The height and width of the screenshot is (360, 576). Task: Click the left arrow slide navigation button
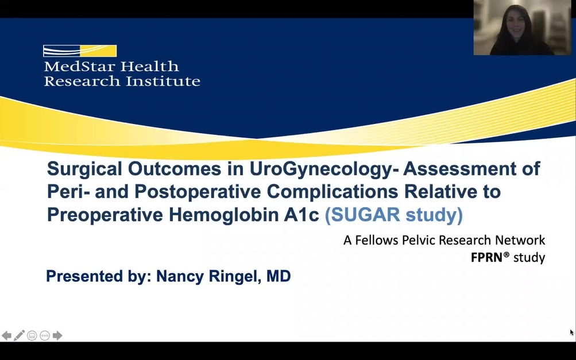[x=6, y=335]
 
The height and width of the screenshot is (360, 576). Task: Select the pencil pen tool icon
[x=19, y=335]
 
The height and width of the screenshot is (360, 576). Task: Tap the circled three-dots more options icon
[x=45, y=335]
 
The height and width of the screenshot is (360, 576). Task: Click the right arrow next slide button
[x=57, y=335]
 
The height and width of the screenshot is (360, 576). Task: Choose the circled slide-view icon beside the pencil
[x=32, y=335]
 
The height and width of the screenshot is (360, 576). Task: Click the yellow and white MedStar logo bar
[x=80, y=51]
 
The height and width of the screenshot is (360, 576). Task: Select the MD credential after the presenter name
[x=279, y=276]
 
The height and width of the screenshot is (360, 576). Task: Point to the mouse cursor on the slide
[x=572, y=332]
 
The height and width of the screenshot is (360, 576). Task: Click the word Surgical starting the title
[x=84, y=169]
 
